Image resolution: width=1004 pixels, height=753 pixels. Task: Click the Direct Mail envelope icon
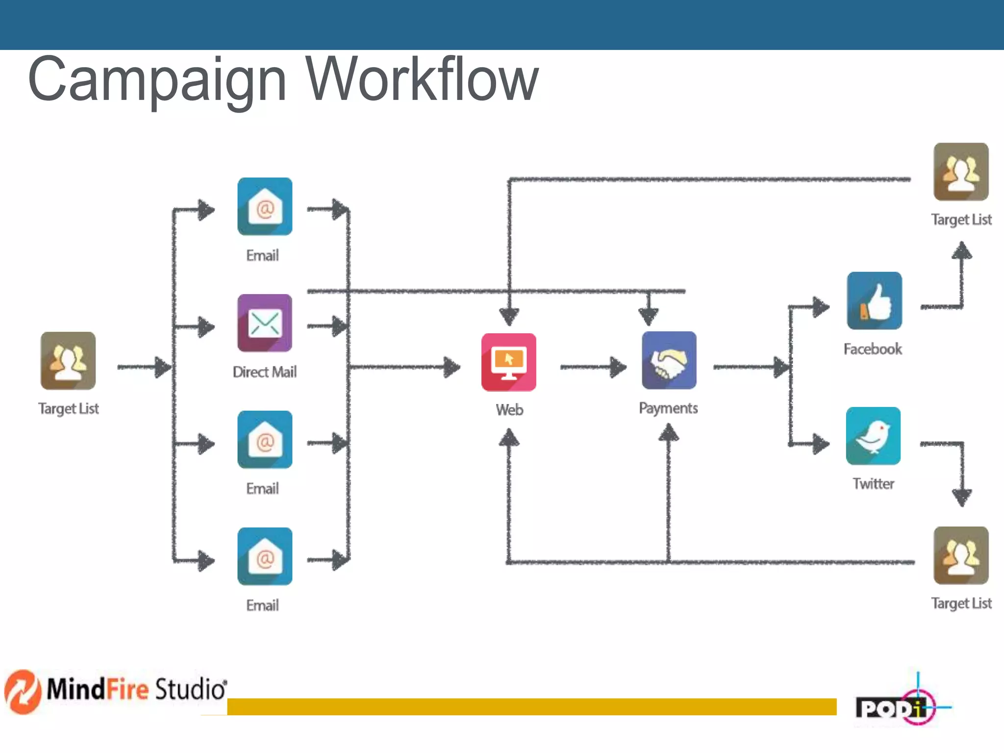pos(265,323)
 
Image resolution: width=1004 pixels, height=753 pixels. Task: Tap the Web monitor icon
pos(508,362)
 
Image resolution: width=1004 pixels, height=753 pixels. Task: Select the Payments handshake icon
pos(669,361)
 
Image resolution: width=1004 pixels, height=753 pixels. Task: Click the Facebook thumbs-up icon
pos(874,301)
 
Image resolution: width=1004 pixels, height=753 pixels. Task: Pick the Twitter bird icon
pos(873,436)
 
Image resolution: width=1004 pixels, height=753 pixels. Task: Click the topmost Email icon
pos(265,206)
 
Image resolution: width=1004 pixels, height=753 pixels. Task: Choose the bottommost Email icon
pos(265,556)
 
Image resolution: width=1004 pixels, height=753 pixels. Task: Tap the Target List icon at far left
pos(68,361)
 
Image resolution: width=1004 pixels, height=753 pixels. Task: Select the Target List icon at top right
pos(961,172)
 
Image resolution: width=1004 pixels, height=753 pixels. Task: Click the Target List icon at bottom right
pos(961,555)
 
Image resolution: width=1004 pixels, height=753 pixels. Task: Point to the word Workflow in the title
pos(422,79)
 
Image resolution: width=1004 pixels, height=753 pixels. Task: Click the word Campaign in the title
pos(157,79)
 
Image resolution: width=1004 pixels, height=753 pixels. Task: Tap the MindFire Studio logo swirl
pos(23,691)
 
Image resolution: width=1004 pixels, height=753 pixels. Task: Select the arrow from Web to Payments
pos(593,367)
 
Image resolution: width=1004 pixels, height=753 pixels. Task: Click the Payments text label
pos(668,408)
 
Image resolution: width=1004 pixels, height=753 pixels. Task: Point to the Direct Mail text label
pos(265,372)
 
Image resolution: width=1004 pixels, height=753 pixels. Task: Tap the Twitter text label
pos(873,484)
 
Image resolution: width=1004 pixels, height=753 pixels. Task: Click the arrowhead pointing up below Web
pos(509,438)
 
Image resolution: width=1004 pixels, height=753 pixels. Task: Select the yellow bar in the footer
pos(531,707)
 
